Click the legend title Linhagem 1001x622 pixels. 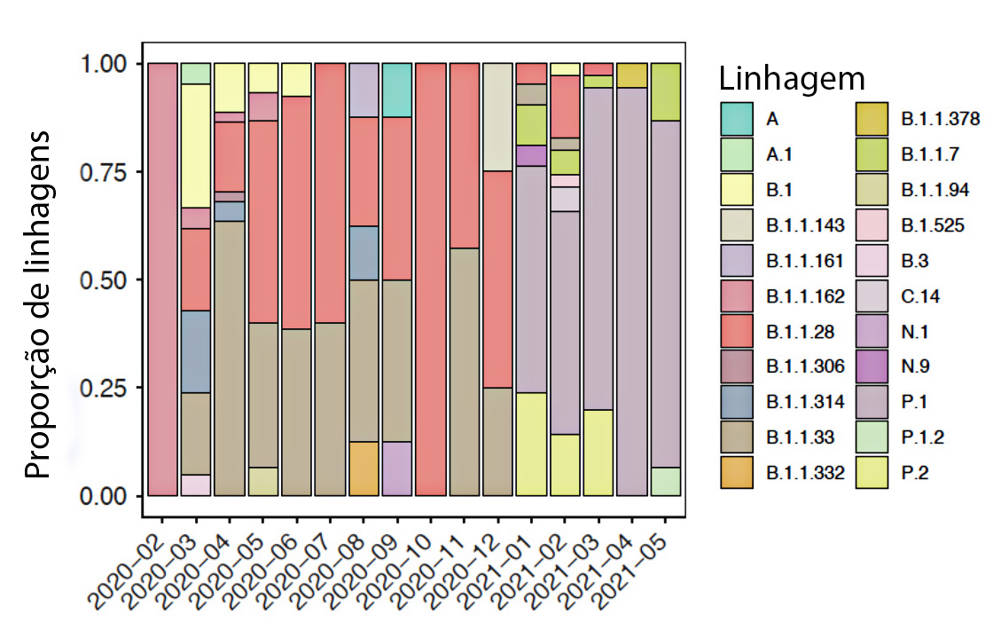(x=791, y=80)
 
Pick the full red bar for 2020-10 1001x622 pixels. (x=430, y=280)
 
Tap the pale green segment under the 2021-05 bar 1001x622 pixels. (x=666, y=480)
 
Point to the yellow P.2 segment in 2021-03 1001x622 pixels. (x=598, y=452)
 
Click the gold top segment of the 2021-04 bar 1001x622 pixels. (x=632, y=75)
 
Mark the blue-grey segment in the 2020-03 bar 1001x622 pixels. (x=195, y=351)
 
